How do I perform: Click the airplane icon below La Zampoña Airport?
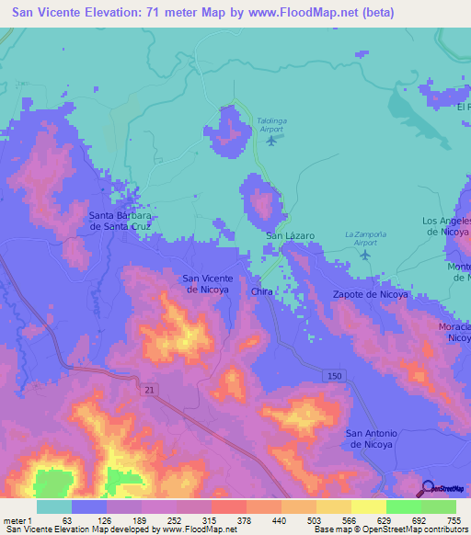[365, 255]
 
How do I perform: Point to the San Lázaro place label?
[290, 236]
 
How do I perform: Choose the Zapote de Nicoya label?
[368, 294]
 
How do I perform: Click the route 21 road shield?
[152, 391]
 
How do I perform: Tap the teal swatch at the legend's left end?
[53, 507]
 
